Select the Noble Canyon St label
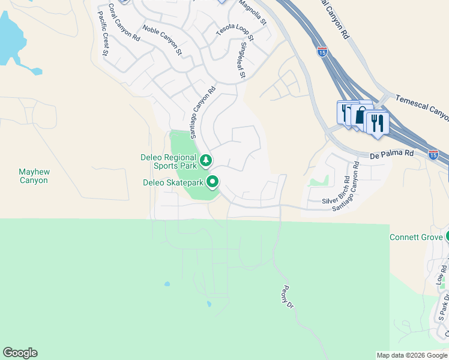tap(162, 40)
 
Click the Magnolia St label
tap(252, 11)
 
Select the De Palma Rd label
tap(392, 154)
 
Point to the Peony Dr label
tap(286, 296)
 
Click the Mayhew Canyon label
tap(34, 176)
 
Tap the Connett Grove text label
tap(416, 237)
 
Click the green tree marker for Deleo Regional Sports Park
tap(206, 160)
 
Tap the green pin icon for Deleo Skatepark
tap(212, 182)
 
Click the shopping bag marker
tap(361, 116)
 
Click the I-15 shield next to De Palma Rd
tap(433, 155)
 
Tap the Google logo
tap(20, 353)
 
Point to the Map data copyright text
tap(411, 355)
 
